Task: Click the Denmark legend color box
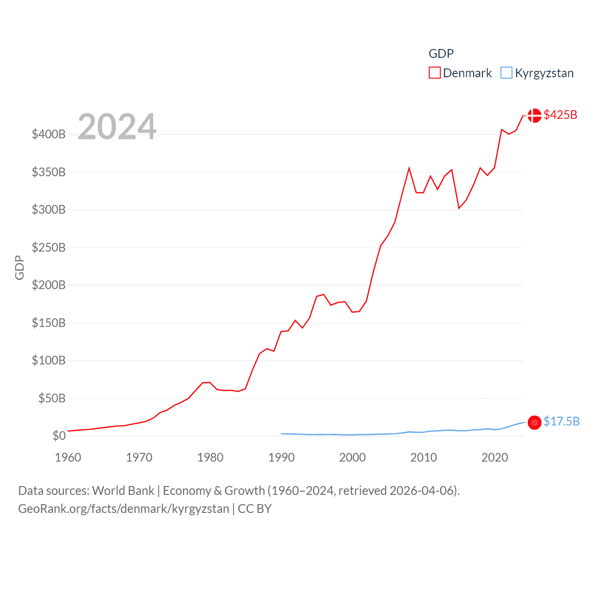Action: (434, 73)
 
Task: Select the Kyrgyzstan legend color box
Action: (506, 73)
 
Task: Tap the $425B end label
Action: (560, 115)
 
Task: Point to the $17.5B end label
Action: (561, 421)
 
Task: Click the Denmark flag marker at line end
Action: (534, 115)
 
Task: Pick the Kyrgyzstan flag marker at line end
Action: (534, 422)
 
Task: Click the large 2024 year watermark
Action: (117, 126)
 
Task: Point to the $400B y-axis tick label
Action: (49, 135)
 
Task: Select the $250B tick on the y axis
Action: (49, 247)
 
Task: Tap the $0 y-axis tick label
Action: (59, 436)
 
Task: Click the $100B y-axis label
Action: (49, 360)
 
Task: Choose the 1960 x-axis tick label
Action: (68, 457)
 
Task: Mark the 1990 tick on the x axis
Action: (281, 457)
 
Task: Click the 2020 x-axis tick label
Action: (494, 457)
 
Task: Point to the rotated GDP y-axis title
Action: (19, 267)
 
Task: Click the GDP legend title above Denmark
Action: (441, 54)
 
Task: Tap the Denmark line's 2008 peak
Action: (409, 168)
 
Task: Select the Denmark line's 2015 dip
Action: (459, 208)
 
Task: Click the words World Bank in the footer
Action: (123, 490)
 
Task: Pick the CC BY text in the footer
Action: (254, 509)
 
